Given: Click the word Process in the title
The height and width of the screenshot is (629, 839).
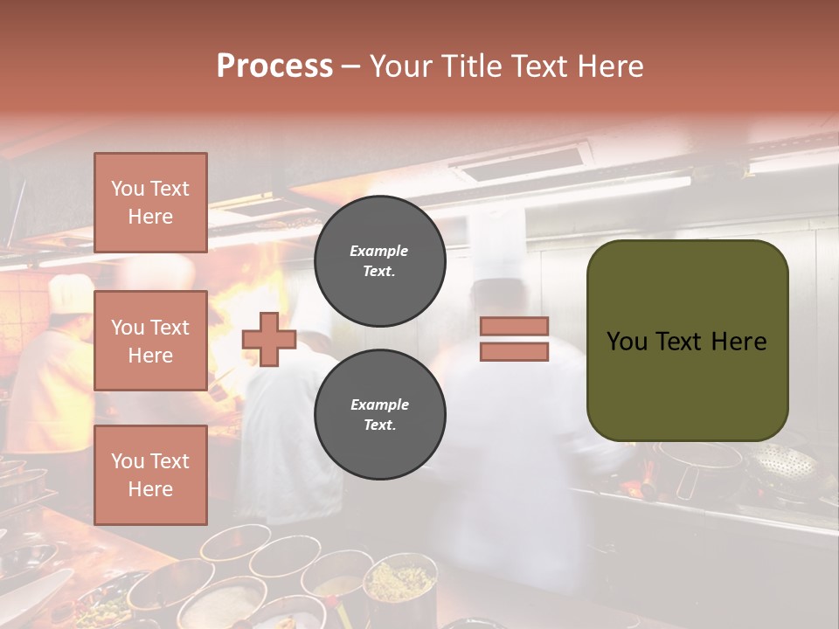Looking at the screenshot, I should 274,66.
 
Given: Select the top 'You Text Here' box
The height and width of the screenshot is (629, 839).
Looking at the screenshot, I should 150,203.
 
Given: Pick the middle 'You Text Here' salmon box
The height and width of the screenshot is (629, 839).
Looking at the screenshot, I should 150,341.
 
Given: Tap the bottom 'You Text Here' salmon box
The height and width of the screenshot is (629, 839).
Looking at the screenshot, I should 150,474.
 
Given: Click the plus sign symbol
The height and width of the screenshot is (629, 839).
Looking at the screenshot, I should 269,339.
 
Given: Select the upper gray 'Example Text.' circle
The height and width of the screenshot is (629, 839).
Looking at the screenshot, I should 379,260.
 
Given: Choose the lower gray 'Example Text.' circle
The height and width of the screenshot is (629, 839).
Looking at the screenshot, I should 379,414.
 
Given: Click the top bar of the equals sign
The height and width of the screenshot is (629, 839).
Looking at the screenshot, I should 515,326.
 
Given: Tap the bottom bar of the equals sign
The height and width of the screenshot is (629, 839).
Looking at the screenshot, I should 515,351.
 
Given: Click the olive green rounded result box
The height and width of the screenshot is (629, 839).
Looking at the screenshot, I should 687,340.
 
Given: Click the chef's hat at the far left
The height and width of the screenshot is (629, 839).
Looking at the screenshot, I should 71,293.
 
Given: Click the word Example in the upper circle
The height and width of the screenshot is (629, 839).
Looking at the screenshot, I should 378,251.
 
